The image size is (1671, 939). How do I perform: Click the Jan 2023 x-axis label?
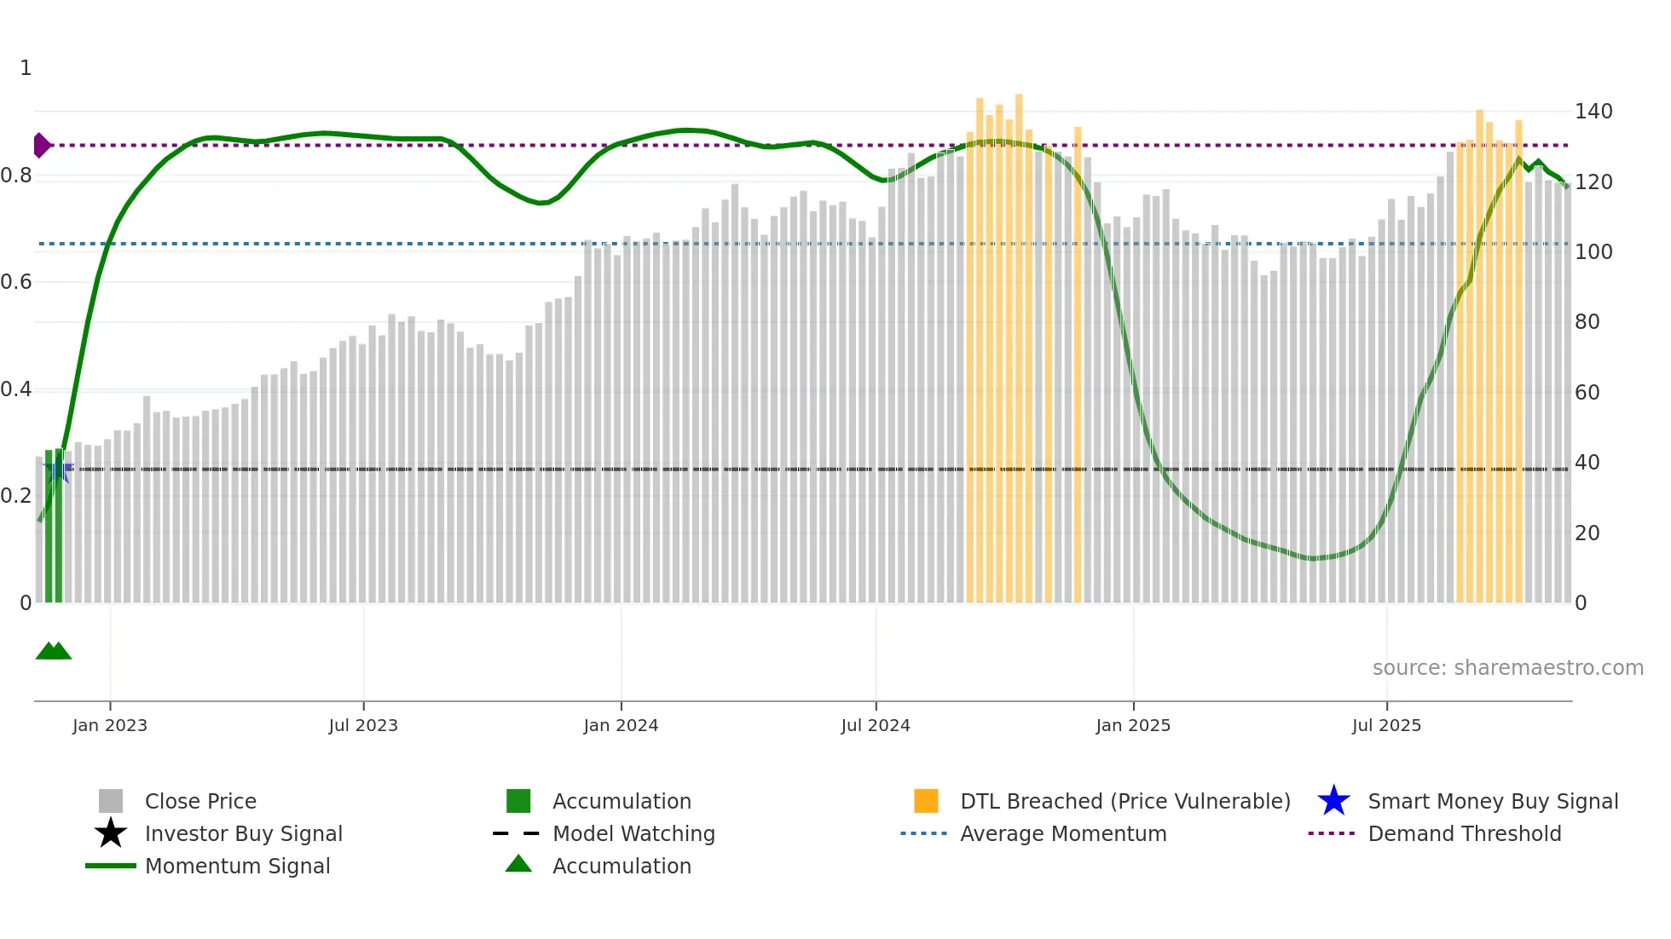click(110, 725)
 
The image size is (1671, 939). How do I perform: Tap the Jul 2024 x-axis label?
click(876, 725)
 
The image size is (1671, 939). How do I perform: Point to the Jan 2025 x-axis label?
click(1133, 725)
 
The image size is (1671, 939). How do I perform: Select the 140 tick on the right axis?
click(1593, 112)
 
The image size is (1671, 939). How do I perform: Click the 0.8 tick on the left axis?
click(16, 176)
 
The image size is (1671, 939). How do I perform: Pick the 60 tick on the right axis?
click(1587, 393)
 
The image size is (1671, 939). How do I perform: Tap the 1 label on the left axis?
click(26, 68)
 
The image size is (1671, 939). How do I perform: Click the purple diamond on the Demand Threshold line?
click(41, 146)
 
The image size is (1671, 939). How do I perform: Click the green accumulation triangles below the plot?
click(53, 651)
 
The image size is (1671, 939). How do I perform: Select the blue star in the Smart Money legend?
click(1333, 801)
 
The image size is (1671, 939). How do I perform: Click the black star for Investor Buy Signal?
click(111, 833)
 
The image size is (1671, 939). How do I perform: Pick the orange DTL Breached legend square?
click(926, 801)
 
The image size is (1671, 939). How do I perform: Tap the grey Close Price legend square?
click(111, 801)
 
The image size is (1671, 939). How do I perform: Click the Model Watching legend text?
click(633, 833)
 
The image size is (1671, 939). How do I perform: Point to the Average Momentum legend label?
click(1063, 833)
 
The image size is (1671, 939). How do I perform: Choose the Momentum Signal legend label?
click(237, 866)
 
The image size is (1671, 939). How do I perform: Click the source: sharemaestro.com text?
click(1507, 668)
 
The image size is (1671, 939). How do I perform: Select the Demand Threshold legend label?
click(1464, 833)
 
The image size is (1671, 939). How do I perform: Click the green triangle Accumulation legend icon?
click(518, 864)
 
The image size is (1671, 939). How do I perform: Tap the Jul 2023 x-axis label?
click(363, 725)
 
